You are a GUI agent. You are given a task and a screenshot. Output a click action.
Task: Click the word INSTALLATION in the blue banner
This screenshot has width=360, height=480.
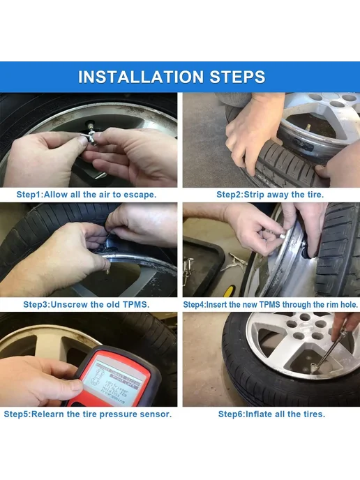pyautogui.click(x=141, y=77)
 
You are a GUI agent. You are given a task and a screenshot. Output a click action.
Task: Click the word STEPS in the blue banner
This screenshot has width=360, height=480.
pyautogui.click(x=237, y=77)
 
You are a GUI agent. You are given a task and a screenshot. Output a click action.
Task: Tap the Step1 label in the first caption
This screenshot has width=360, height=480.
pyautogui.click(x=29, y=195)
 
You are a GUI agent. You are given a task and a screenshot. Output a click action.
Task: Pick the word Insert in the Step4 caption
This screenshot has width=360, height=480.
pyautogui.click(x=217, y=305)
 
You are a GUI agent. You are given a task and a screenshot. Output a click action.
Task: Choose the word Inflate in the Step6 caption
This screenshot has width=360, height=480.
pyautogui.click(x=259, y=414)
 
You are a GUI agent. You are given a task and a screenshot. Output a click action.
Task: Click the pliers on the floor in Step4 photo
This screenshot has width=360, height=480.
pyautogui.click(x=237, y=262)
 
